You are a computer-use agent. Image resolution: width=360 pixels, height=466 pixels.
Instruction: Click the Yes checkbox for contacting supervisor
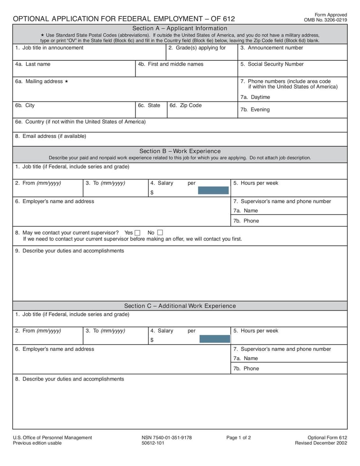pyautogui.click(x=138, y=233)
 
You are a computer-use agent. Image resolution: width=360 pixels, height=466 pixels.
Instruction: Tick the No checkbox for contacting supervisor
pyautogui.click(x=160, y=233)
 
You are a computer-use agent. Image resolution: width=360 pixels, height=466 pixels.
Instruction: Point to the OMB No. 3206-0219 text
pyautogui.click(x=325, y=20)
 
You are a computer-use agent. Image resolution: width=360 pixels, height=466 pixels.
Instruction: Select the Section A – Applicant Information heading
pyautogui.click(x=180, y=28)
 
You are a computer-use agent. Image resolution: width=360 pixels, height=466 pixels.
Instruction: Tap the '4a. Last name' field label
pyautogui.click(x=32, y=64)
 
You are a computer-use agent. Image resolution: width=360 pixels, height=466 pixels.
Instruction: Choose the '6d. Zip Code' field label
pyautogui.click(x=185, y=105)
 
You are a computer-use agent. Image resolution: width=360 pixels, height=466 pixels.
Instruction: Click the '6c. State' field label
pyautogui.click(x=149, y=105)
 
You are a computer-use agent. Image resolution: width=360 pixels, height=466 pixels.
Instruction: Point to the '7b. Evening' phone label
pyautogui.click(x=255, y=110)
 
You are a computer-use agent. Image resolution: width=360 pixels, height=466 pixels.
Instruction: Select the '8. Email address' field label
pyautogui.click(x=50, y=136)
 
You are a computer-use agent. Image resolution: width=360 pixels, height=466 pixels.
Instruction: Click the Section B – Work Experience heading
pyautogui.click(x=180, y=151)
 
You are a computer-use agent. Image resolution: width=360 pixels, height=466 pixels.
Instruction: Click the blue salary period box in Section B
pyautogui.click(x=213, y=190)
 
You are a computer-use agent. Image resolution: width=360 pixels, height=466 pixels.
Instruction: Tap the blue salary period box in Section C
pyautogui.click(x=214, y=339)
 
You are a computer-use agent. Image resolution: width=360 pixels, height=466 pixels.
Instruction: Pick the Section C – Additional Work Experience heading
pyautogui.click(x=180, y=306)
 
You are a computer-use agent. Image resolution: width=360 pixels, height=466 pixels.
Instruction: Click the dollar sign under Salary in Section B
pyautogui.click(x=152, y=192)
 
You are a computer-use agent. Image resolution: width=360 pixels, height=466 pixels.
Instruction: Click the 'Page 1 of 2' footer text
pyautogui.click(x=238, y=438)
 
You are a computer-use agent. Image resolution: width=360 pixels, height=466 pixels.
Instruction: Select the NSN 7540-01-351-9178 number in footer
pyautogui.click(x=166, y=438)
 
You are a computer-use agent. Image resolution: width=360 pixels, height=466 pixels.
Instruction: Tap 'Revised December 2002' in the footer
pyautogui.click(x=321, y=443)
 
